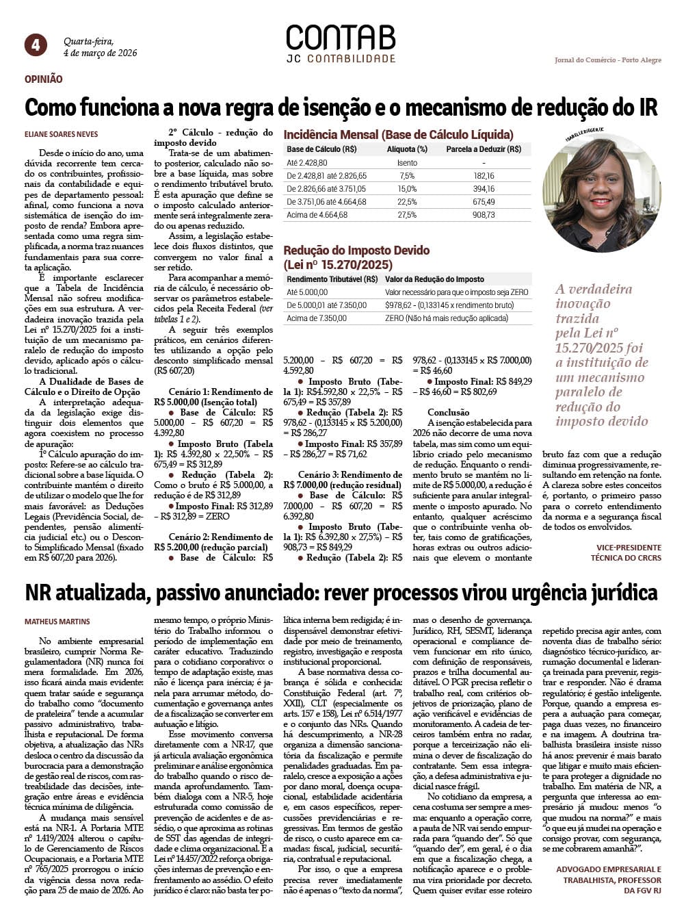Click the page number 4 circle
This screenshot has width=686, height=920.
click(x=36, y=45)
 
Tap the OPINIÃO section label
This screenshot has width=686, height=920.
click(x=44, y=79)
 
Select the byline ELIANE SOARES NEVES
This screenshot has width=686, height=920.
click(x=61, y=134)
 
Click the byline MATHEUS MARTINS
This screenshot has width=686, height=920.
click(x=57, y=622)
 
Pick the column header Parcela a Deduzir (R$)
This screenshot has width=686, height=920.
click(x=484, y=149)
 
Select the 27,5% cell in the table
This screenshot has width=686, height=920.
click(x=407, y=215)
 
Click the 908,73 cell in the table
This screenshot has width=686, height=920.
click(x=484, y=215)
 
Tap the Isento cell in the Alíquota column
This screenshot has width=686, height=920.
click(x=407, y=163)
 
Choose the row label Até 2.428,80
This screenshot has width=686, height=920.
click(x=307, y=163)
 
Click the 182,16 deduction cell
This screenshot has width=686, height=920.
click(x=484, y=176)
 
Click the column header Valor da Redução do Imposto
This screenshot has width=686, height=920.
click(x=434, y=279)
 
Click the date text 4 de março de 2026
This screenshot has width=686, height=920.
click(x=100, y=53)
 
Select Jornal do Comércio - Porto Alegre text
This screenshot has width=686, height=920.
click(x=608, y=60)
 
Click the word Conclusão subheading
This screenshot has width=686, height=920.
click(x=449, y=412)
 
